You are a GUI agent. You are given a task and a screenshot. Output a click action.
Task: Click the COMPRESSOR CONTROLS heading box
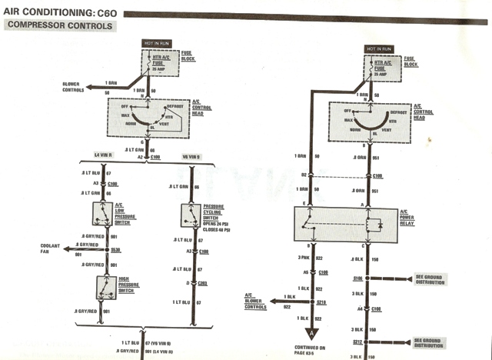pos(59,26)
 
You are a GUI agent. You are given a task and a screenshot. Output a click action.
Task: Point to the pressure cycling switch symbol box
pos(189,215)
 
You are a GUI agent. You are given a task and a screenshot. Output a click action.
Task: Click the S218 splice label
pos(321,302)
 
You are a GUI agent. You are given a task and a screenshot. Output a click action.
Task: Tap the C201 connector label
pos(203,282)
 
